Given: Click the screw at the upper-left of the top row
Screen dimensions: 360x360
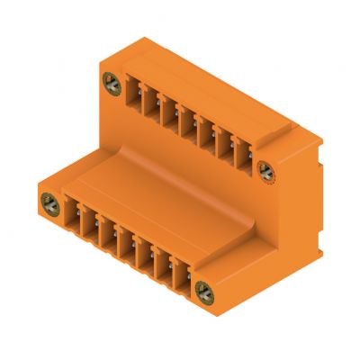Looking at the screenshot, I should (x=112, y=85).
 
